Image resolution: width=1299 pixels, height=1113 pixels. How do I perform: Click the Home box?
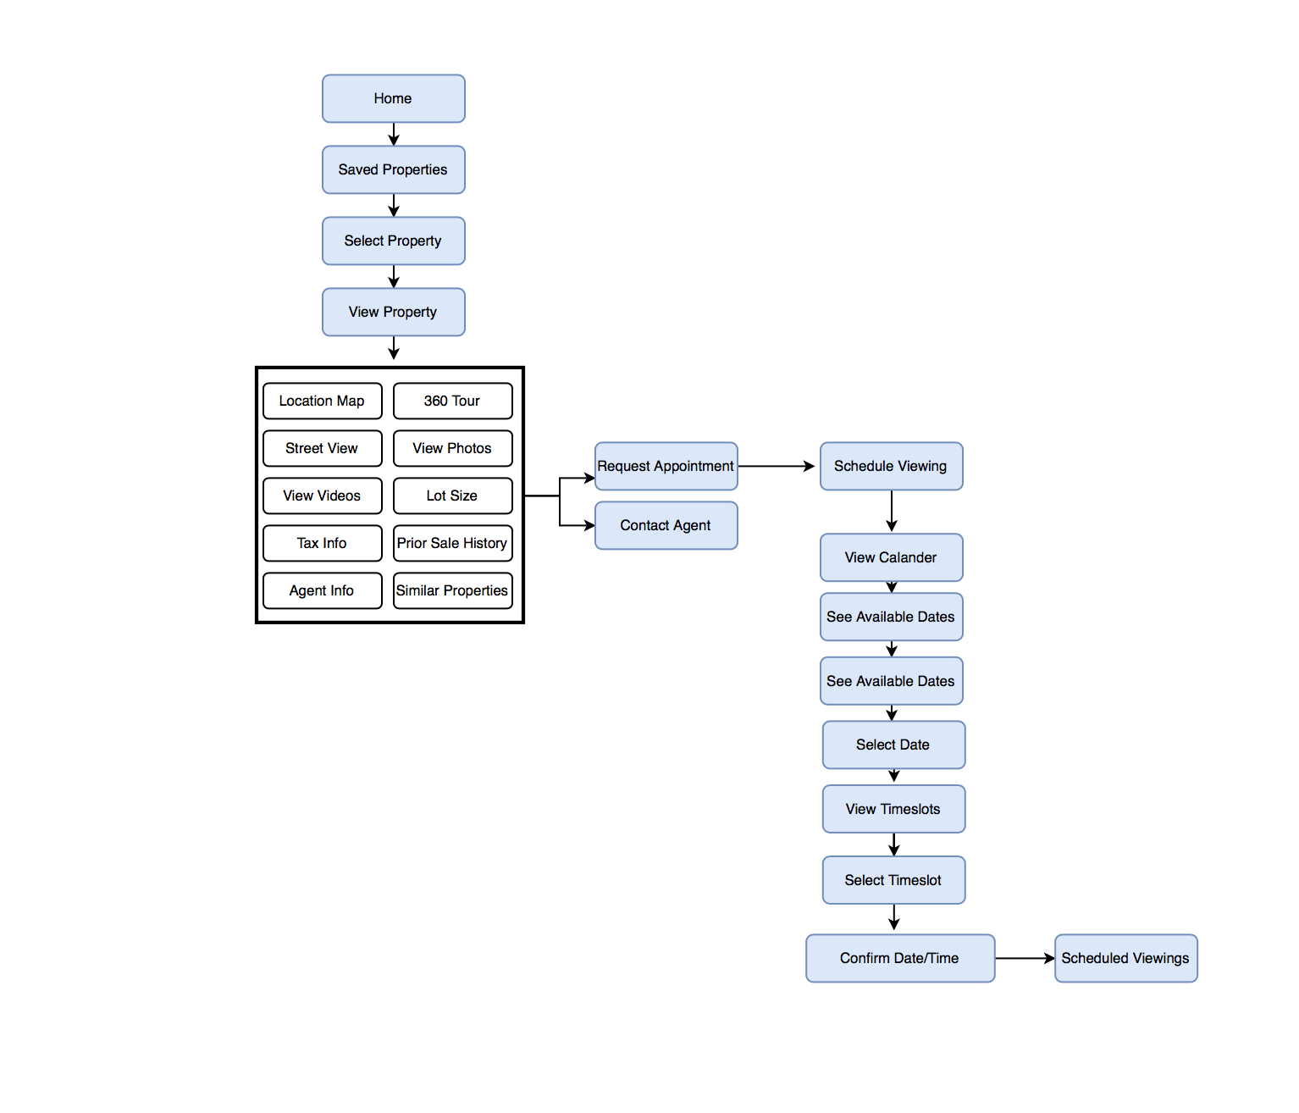coord(394,98)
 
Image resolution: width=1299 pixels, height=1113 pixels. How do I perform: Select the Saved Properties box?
coord(394,169)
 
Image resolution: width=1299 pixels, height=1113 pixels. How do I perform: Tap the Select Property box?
coord(394,241)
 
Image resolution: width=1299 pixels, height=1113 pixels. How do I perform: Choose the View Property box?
coord(394,312)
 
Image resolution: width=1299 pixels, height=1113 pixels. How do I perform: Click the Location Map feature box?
coord(323,401)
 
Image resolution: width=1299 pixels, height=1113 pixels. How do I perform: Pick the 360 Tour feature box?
coord(452,401)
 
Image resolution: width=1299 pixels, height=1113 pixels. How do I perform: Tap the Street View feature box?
coord(323,448)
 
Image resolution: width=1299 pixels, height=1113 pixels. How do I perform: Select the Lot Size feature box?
coord(452,496)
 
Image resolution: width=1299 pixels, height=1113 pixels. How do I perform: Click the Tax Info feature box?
coord(323,543)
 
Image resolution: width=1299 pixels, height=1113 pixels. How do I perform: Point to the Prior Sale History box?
coord(452,543)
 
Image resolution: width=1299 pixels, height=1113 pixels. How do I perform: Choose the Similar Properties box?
coord(452,590)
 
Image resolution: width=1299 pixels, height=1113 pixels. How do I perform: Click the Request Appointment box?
coord(666,467)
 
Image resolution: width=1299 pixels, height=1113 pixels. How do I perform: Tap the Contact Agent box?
coord(666,525)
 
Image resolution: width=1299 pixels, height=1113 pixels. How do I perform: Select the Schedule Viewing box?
coord(891,467)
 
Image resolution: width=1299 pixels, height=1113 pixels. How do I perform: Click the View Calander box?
coord(891,557)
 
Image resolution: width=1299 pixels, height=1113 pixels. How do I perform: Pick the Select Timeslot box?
coord(893,880)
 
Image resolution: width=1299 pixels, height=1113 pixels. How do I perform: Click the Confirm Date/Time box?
coord(900,958)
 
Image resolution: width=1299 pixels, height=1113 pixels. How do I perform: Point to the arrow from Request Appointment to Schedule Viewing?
coord(777,467)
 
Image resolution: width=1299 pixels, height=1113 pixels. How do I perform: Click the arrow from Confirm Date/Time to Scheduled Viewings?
coord(1025,958)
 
